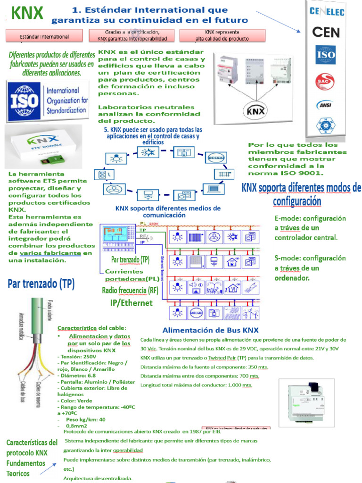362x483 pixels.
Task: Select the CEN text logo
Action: pyautogui.click(x=332, y=32)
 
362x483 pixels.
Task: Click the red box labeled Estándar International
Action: pyautogui.click(x=44, y=36)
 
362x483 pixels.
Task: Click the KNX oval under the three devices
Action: pyautogui.click(x=256, y=111)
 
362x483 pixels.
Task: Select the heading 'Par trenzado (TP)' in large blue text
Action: pyautogui.click(x=41, y=284)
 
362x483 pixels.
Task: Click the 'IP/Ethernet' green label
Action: pyautogui.click(x=131, y=302)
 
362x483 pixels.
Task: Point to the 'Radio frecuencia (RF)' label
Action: pyautogui.click(x=130, y=290)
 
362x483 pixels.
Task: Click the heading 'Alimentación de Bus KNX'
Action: pyautogui.click(x=210, y=330)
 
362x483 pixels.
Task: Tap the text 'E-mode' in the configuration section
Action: pyautogui.click(x=288, y=219)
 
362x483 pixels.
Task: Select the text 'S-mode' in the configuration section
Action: pyautogui.click(x=288, y=258)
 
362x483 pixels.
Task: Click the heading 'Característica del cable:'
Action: pyautogui.click(x=91, y=327)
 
